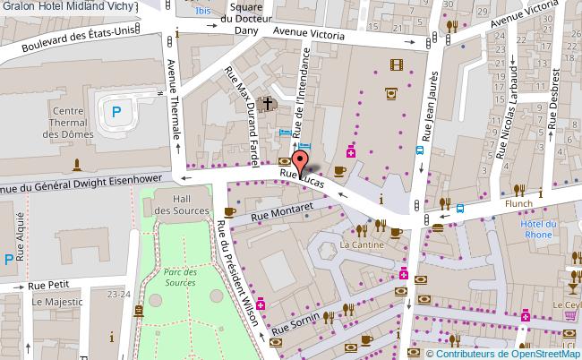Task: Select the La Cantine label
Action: click(362, 244)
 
